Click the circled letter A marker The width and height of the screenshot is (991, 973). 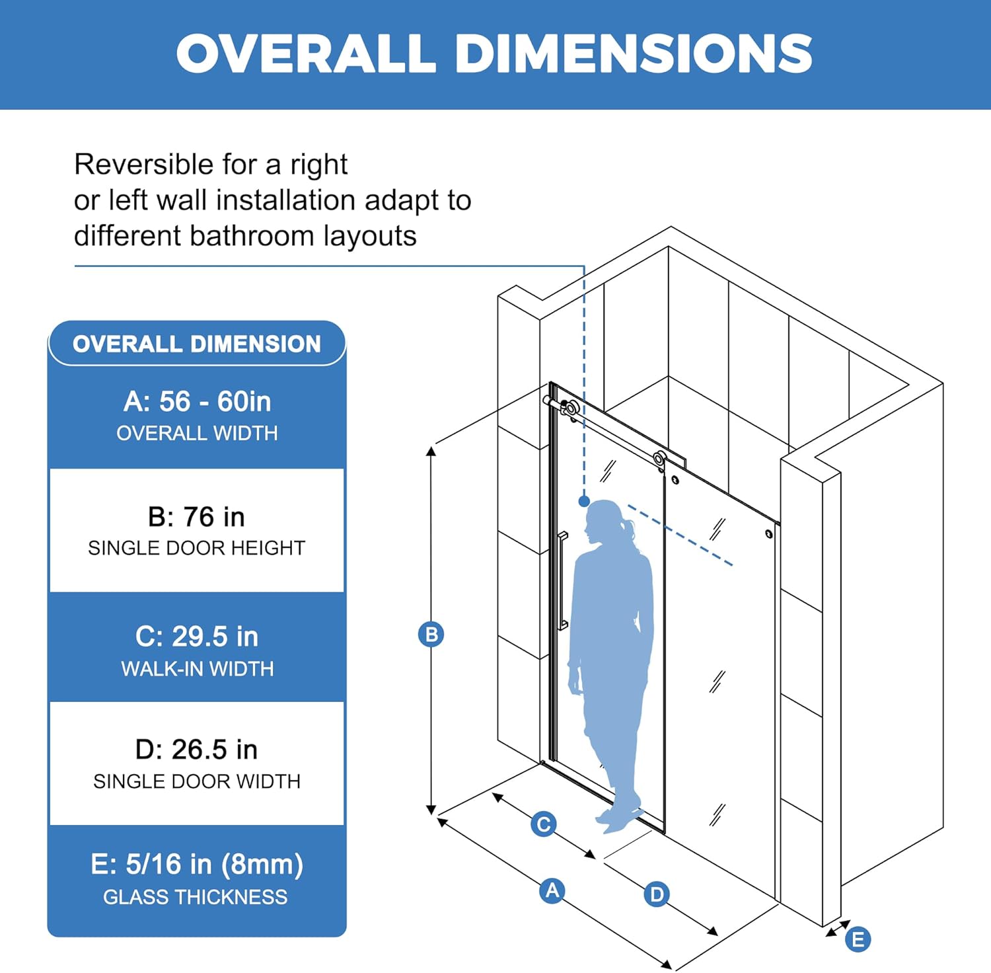pyautogui.click(x=552, y=890)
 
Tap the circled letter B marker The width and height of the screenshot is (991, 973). pyautogui.click(x=431, y=635)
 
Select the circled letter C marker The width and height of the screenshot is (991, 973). pyautogui.click(x=543, y=824)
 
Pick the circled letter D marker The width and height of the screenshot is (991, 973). pyautogui.click(x=657, y=894)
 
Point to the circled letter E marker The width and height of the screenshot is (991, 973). pyautogui.click(x=858, y=939)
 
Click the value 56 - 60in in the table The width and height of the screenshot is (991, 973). pyautogui.click(x=215, y=402)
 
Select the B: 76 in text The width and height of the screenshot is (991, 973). pyautogui.click(x=196, y=517)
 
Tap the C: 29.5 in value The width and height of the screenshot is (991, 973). pyautogui.click(x=196, y=637)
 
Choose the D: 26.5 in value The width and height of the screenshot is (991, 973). pyautogui.click(x=196, y=750)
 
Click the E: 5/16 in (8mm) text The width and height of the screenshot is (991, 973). pyautogui.click(x=196, y=865)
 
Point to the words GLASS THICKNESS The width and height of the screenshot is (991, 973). pyautogui.click(x=195, y=897)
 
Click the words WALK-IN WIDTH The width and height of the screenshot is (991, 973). pyautogui.click(x=197, y=669)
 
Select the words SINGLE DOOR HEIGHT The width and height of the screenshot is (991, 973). pyautogui.click(x=196, y=548)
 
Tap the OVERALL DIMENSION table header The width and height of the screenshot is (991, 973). pyautogui.click(x=196, y=344)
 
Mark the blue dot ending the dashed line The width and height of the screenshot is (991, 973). pyautogui.click(x=584, y=502)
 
